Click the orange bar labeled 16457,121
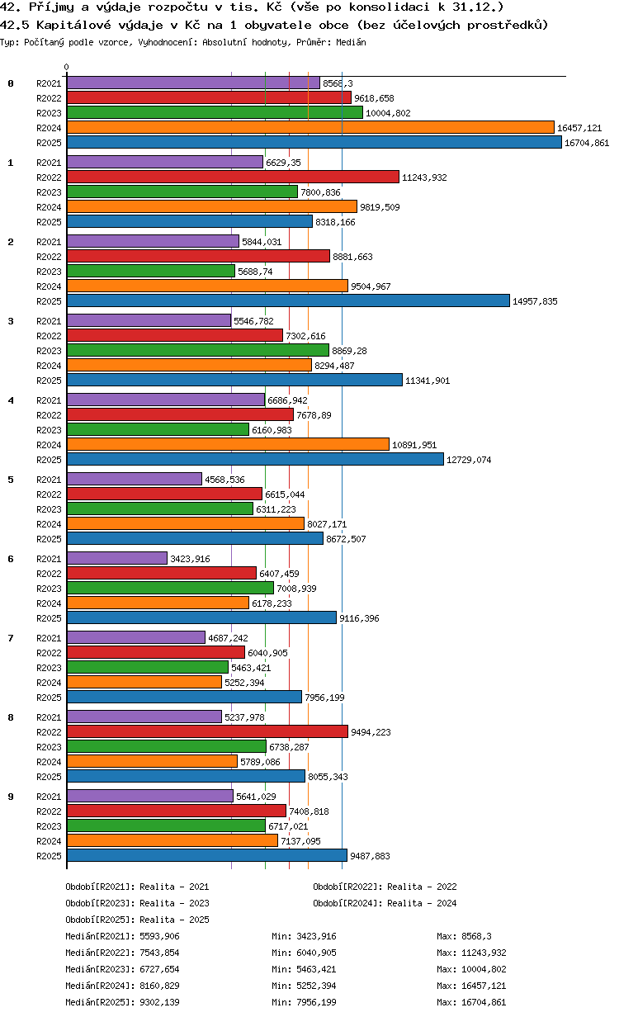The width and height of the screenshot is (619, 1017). point(310,128)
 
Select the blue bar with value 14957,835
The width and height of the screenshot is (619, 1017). point(288,301)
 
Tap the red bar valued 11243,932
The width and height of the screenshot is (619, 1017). point(233,177)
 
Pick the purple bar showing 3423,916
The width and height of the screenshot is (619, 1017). point(117,558)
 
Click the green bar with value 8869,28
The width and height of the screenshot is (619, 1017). point(198,351)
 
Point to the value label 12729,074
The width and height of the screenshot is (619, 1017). point(469,460)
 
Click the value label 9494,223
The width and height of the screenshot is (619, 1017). point(371,732)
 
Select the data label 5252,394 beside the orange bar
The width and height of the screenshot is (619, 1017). point(244,683)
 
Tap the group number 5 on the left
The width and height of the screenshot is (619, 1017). point(11,480)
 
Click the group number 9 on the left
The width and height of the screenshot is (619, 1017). point(11,797)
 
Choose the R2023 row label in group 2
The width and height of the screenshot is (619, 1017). point(49,272)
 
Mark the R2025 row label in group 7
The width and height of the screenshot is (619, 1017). point(49,698)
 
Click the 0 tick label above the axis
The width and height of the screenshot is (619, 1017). point(67,67)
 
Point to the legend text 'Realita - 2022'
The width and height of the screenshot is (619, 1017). point(422,887)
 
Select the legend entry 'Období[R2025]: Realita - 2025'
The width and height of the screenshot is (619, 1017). point(138,920)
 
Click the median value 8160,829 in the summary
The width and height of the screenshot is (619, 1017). point(159,986)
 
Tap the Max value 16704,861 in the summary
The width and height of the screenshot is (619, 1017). point(484,1002)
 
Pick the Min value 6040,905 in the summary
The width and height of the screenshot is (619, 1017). point(316,953)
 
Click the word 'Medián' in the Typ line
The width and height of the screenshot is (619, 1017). point(351,42)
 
